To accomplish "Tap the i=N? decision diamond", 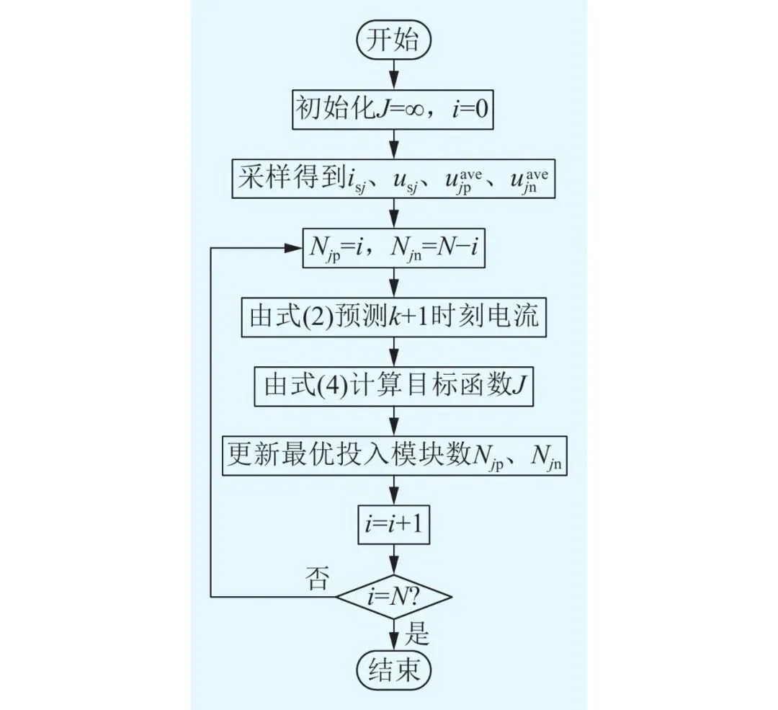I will click(x=393, y=597).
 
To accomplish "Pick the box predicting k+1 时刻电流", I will click(x=393, y=318).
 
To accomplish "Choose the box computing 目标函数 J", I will click(x=393, y=389).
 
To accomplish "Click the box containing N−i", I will click(x=393, y=249).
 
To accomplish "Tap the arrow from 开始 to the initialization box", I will click(x=393, y=72).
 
